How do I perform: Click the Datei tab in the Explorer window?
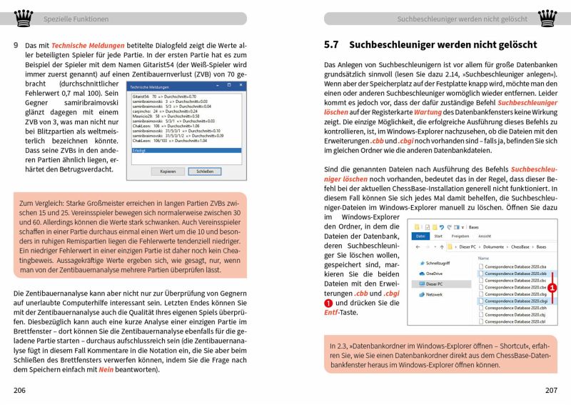point(421,236)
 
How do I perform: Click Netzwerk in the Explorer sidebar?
point(433,294)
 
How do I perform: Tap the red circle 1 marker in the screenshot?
point(553,287)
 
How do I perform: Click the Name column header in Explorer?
point(484,258)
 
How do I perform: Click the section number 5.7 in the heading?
point(330,45)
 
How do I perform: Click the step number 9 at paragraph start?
point(16,46)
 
